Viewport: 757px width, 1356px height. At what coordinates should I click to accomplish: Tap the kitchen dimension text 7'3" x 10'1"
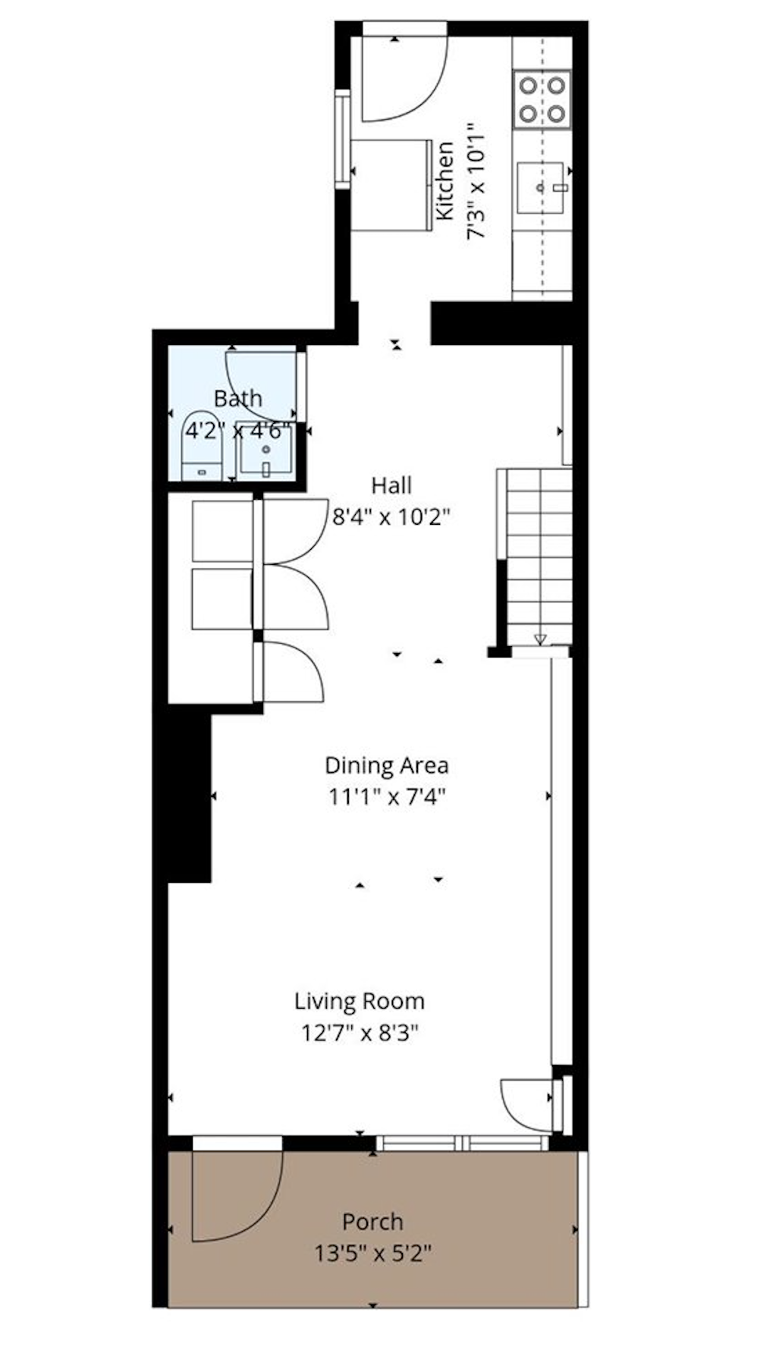click(475, 181)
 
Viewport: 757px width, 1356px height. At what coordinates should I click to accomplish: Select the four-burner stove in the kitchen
click(542, 99)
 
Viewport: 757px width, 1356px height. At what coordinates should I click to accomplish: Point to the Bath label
click(237, 398)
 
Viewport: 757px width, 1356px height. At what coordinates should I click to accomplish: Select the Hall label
click(391, 485)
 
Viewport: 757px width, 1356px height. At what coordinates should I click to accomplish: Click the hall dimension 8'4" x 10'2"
click(391, 517)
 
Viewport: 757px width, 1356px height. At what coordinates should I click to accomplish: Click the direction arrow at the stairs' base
click(539, 639)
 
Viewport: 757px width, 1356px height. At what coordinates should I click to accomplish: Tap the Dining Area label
click(387, 765)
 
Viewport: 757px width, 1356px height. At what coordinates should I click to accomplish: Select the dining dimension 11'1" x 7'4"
click(387, 797)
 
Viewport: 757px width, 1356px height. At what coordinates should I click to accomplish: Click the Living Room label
click(360, 1001)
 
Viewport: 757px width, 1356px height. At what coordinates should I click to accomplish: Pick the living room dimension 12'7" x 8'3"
click(360, 1033)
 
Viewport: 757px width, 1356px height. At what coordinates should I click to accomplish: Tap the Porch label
click(372, 1222)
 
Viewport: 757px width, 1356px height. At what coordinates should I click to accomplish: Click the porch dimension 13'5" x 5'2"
click(373, 1253)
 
